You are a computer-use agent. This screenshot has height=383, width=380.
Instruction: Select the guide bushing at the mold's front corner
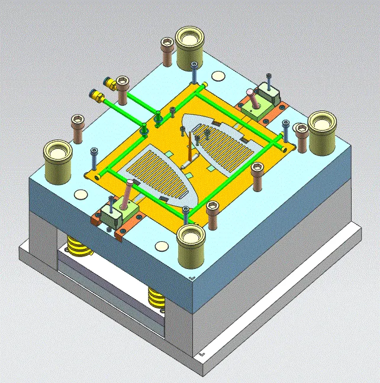(191, 239)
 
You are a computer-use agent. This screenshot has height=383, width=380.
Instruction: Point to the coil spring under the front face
(157, 296)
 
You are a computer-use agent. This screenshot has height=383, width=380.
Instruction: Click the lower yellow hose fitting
(95, 95)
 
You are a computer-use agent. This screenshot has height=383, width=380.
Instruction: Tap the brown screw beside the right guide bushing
(301, 135)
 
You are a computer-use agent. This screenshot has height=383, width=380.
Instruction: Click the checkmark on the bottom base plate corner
(202, 354)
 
